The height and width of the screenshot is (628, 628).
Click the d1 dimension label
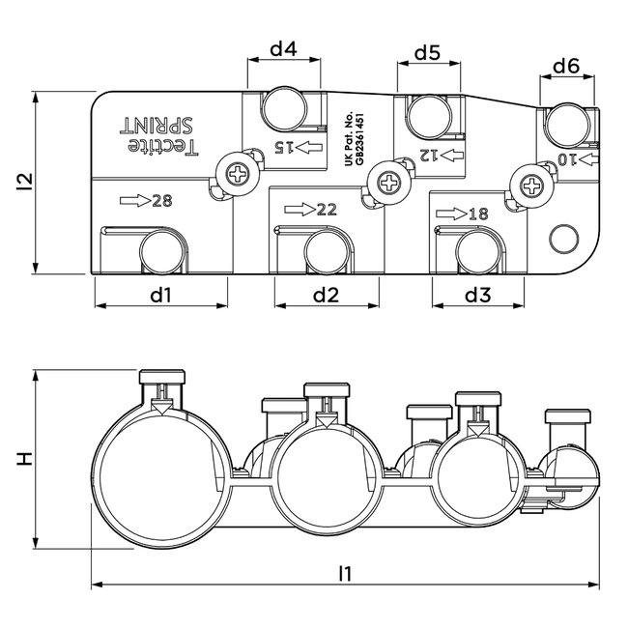coord(160,295)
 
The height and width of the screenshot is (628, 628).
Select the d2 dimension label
coord(326,295)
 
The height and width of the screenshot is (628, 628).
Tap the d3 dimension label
coord(478,295)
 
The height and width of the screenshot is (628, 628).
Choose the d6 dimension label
coord(566,67)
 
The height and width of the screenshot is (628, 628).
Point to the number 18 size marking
coord(477,213)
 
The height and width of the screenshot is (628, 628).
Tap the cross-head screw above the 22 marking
coord(389,181)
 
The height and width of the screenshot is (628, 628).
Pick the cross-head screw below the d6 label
coord(528,181)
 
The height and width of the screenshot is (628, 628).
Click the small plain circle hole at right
coord(560,238)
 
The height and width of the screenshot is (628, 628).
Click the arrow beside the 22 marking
coord(300,210)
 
